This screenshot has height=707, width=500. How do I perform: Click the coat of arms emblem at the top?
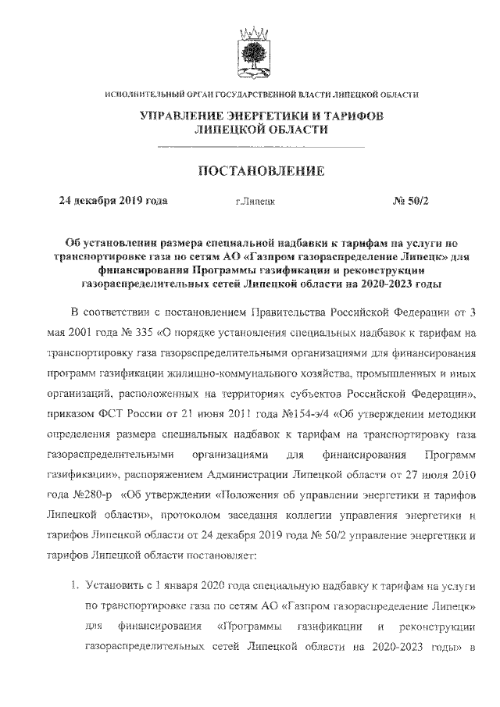pos(249,49)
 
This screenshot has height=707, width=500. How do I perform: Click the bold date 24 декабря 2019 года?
pos(113,200)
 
